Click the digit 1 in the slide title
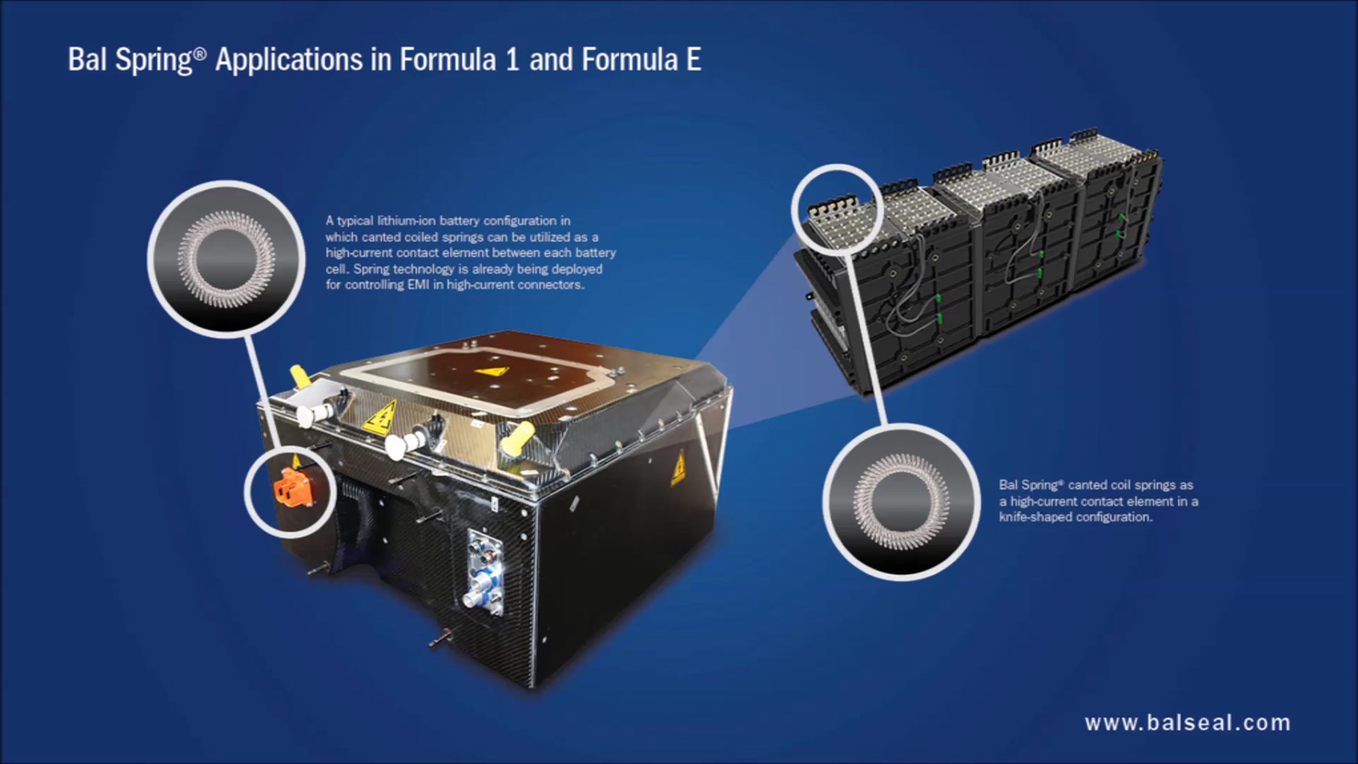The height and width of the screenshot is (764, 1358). tap(513, 59)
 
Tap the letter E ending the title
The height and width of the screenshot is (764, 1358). tap(694, 59)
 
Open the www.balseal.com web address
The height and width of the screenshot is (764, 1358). tap(1188, 723)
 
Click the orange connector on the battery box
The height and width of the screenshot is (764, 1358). tap(293, 488)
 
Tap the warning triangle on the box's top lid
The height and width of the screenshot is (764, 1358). tap(491, 372)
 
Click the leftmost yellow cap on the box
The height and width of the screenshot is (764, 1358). tap(301, 376)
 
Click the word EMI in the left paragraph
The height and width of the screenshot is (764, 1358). tap(418, 285)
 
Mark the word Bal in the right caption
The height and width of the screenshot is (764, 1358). tap(1008, 485)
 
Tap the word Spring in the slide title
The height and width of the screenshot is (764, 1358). tap(154, 61)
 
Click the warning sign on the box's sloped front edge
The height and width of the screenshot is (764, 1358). tap(380, 417)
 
